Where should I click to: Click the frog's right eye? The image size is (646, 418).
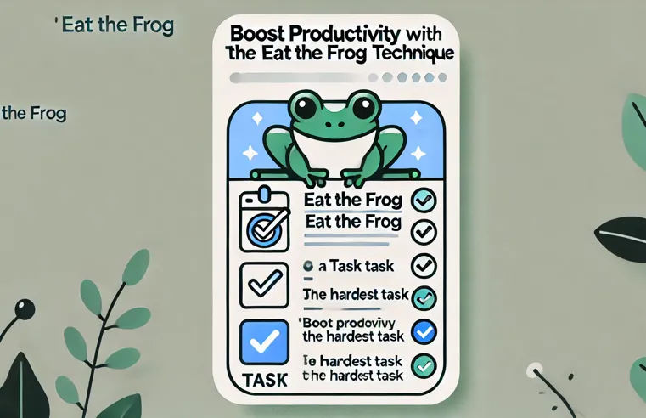click(362, 108)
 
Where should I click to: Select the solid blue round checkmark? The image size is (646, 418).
click(423, 331)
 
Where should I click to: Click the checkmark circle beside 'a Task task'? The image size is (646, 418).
click(422, 265)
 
